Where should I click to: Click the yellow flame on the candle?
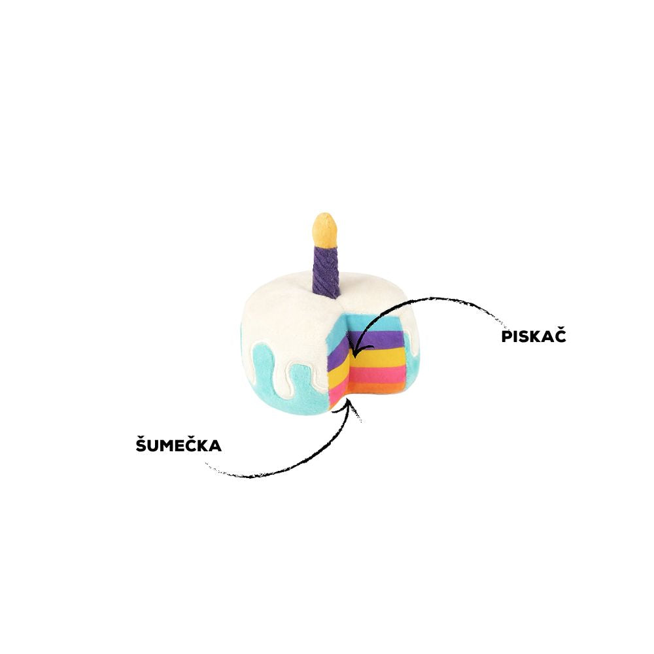pos(324,230)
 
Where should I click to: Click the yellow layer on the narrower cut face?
pos(339,371)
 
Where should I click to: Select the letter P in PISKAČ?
pos(506,337)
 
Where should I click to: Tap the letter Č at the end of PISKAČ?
pos(560,336)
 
